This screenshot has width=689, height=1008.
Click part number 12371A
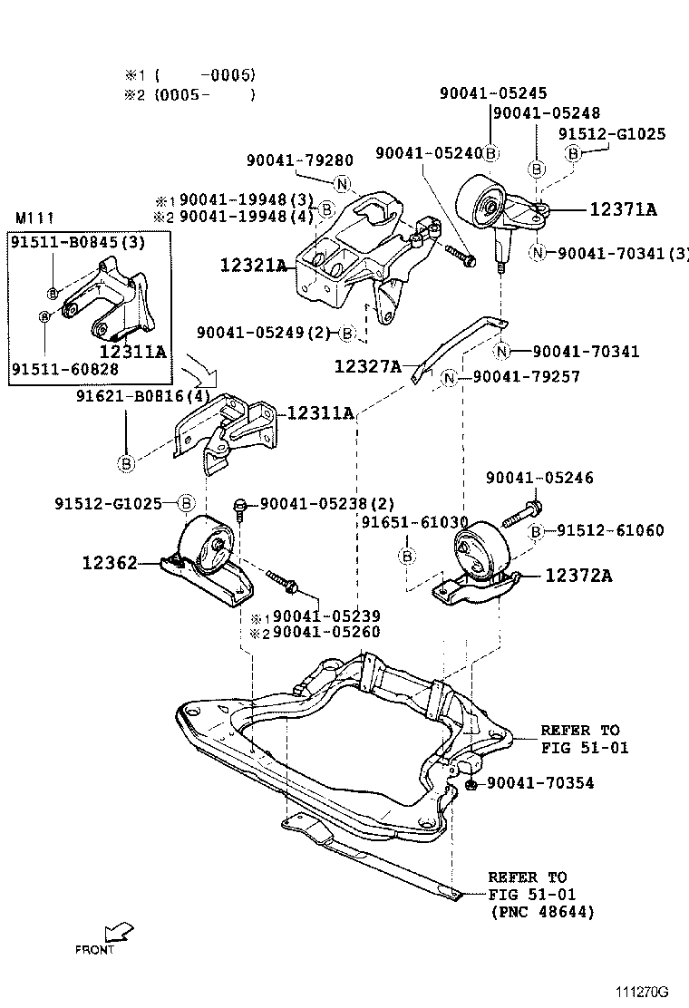pos(623,209)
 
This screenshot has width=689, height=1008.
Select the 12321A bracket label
pos(253,266)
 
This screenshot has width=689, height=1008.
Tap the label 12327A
pos(367,366)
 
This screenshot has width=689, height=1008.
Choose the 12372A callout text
pos(578,576)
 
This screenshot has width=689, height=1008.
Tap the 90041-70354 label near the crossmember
pos(540,782)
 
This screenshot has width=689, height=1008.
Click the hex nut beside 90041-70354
pos(473,782)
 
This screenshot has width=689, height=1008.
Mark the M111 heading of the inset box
pos(34,218)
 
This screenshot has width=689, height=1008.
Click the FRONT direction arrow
pos(117,933)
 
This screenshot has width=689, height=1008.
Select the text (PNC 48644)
pos(541,912)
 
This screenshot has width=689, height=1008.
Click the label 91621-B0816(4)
pos(143,395)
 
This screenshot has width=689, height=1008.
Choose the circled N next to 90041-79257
pos(449,377)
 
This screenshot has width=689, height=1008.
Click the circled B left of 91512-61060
pos(537,531)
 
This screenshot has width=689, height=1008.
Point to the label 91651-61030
pos(414,522)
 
